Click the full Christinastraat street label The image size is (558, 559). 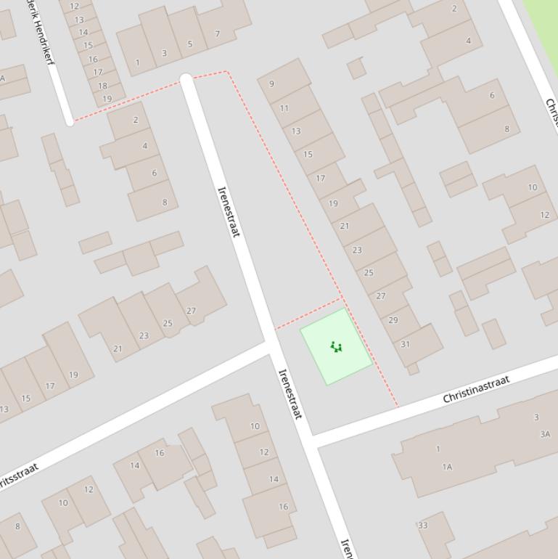click(476, 388)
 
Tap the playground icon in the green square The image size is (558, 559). click(336, 346)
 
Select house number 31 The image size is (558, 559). click(405, 344)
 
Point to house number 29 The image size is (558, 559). click(393, 320)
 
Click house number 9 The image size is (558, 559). click(272, 83)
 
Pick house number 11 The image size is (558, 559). click(284, 108)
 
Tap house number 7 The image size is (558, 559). click(217, 33)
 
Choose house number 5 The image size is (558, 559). click(190, 44)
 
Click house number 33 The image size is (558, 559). click(422, 525)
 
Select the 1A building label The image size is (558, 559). click(447, 467)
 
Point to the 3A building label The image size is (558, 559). click(544, 434)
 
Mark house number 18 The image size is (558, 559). click(102, 86)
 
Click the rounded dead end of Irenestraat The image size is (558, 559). click(186, 79)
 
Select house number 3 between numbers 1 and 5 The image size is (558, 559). click(164, 53)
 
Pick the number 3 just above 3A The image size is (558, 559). click(536, 417)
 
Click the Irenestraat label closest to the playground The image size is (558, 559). click(290, 393)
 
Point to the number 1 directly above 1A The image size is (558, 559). click(438, 449)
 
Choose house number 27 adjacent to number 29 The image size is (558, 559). click(381, 296)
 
